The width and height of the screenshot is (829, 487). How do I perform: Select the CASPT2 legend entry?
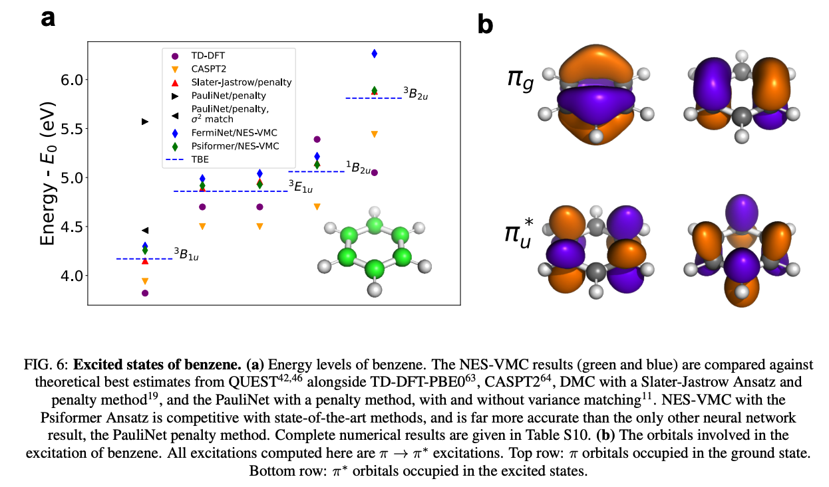tap(197, 69)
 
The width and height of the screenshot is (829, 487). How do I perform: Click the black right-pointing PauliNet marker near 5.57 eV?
tap(145, 122)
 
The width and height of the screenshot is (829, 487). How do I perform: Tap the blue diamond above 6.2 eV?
tap(375, 54)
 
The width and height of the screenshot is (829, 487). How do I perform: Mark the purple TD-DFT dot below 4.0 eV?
tap(145, 293)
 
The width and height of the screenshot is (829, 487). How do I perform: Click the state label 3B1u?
tap(186, 254)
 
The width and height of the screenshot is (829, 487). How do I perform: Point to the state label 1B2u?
tap(358, 167)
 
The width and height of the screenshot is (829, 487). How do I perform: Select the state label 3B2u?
tap(415, 94)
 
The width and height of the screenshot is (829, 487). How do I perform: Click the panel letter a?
tap(48, 18)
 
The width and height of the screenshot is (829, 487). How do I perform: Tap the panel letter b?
tap(486, 25)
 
